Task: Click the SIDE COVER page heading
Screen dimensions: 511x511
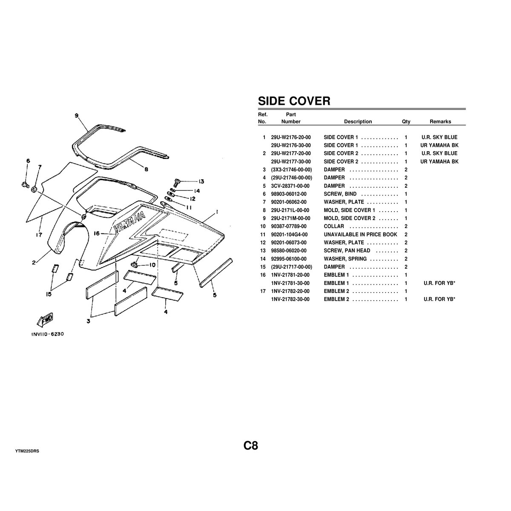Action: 294,101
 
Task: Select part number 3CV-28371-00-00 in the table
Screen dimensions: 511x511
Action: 290,186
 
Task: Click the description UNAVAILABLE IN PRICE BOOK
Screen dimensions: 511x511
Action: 360,235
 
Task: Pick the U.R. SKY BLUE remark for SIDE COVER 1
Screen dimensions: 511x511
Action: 439,138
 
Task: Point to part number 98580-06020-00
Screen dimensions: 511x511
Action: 291,251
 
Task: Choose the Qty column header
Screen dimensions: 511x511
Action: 406,122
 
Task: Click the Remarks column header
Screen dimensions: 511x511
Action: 440,122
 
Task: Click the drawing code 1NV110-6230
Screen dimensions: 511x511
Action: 47,334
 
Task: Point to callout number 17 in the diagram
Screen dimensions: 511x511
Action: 38,234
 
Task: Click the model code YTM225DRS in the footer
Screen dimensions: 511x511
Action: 27,450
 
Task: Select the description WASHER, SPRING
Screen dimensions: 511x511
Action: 347,259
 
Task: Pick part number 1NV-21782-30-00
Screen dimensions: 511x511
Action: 291,299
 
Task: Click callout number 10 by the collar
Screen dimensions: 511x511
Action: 152,265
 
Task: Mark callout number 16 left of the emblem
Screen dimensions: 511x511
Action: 97,233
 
